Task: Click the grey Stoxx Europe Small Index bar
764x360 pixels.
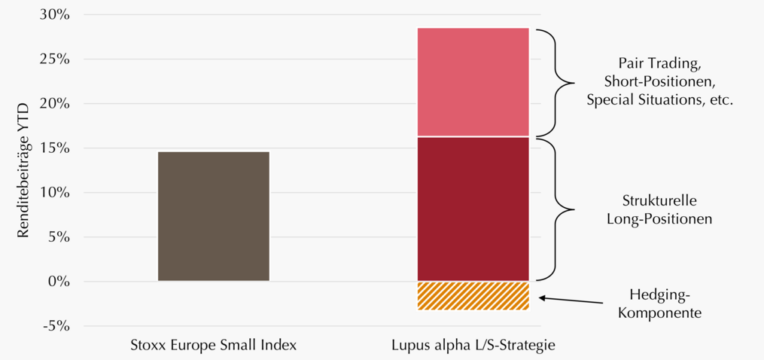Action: (x=214, y=216)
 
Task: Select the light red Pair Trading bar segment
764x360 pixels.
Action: (x=473, y=82)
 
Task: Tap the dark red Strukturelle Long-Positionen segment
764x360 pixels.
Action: (x=473, y=209)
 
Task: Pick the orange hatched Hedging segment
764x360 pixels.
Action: (x=473, y=296)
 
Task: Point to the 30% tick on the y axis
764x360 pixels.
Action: (x=55, y=14)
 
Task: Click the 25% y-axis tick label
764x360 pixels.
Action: (x=55, y=59)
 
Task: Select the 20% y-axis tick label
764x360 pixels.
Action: (x=55, y=103)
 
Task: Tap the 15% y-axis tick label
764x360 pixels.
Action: (x=55, y=148)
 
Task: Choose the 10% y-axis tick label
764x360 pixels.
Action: (x=55, y=193)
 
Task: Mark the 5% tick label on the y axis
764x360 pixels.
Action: (x=59, y=237)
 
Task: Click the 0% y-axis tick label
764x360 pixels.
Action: (x=59, y=282)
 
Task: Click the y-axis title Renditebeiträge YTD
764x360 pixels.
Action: (x=24, y=171)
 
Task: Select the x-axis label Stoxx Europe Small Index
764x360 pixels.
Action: (x=214, y=346)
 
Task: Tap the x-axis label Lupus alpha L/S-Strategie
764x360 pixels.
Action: (x=473, y=346)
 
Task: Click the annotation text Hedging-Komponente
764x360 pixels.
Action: (x=659, y=304)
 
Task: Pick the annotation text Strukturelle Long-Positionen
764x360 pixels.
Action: (x=659, y=210)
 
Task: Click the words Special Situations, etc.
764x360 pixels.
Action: (x=659, y=100)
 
